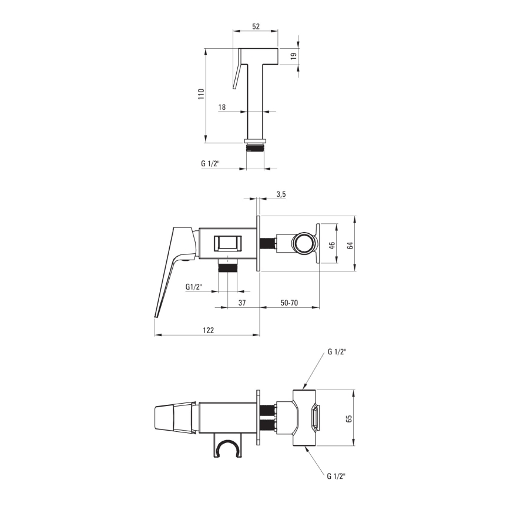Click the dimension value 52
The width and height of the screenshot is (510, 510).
point(256,26)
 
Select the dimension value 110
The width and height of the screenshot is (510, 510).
point(201,95)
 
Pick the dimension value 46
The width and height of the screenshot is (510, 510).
point(331,246)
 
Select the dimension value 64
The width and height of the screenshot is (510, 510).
point(350,246)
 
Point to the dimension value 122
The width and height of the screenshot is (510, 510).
point(209,330)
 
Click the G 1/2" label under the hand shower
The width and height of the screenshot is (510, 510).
point(210,164)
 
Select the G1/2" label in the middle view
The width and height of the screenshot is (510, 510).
point(194,287)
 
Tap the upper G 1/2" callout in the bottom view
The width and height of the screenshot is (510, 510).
point(337,351)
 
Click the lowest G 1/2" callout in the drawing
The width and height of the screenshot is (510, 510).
point(337,477)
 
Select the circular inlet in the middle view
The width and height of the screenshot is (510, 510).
point(304,243)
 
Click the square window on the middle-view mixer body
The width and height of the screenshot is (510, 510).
point(227,243)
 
